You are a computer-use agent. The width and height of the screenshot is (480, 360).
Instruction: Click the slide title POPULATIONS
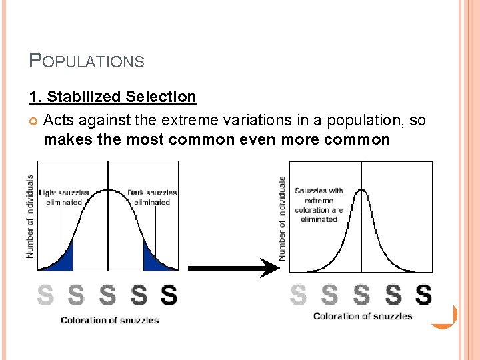(87, 61)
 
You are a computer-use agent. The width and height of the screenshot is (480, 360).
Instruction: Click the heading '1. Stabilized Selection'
(113, 97)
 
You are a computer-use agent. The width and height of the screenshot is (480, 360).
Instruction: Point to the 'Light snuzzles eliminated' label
(64, 197)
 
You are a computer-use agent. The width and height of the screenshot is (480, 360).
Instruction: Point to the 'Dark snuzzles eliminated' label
(152, 197)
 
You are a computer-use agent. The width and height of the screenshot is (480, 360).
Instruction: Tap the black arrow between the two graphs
(233, 269)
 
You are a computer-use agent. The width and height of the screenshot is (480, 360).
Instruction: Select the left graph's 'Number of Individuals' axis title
(30, 217)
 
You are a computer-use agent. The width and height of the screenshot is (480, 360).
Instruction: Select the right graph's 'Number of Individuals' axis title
(282, 219)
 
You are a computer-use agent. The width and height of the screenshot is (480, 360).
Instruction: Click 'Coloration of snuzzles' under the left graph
(109, 320)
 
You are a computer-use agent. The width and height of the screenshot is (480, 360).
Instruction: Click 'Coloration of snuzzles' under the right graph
(363, 316)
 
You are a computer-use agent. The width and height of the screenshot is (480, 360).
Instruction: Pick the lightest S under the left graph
(45, 295)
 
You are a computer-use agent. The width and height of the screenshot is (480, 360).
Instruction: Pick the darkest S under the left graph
(169, 295)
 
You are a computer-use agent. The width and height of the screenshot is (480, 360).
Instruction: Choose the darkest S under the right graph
(423, 294)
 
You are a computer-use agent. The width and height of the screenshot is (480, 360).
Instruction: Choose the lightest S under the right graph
(299, 294)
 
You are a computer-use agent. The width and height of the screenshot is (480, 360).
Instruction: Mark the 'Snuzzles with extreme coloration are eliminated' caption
(319, 205)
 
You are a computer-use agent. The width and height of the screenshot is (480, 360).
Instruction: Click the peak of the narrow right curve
(361, 191)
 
